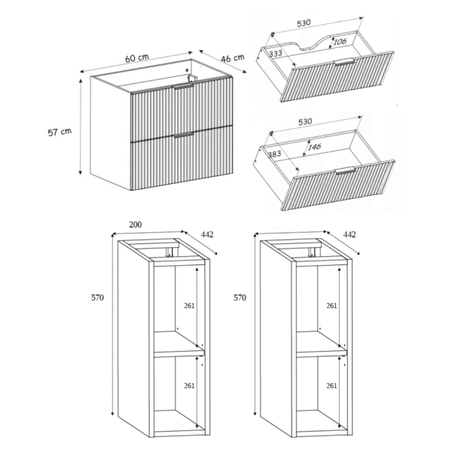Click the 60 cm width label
point(137,58)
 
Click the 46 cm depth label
point(233,58)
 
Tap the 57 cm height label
point(60,132)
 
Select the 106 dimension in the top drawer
point(340,41)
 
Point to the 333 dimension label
point(276,53)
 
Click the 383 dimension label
point(274,154)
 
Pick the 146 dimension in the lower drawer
point(314,147)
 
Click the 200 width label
point(135,224)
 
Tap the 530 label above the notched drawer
point(304,23)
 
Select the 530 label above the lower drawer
point(305,121)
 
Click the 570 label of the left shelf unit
point(97,298)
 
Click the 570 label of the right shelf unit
point(240,298)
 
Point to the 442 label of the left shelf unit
point(207,234)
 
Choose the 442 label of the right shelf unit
point(350,234)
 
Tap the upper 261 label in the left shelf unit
point(189,306)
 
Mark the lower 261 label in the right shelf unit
point(331,386)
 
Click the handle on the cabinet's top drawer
point(183,87)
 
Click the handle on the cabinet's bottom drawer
point(184,135)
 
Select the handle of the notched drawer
point(344,62)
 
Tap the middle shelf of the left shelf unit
point(179,344)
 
